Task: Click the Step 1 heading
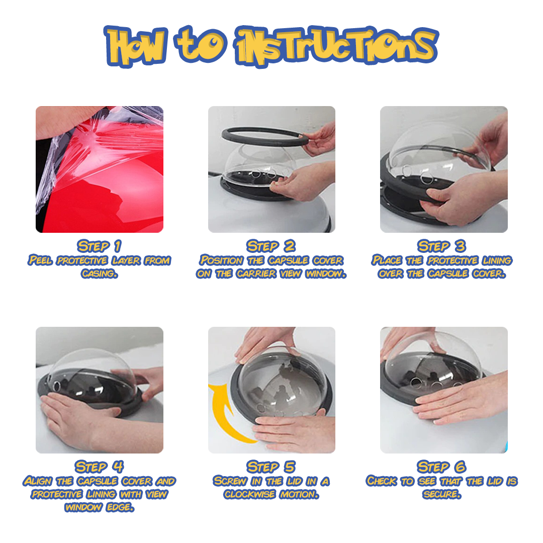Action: coord(99,246)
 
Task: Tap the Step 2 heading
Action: coord(271,246)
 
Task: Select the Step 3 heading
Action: coord(442,246)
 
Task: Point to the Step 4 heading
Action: coord(99,466)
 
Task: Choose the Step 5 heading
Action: coord(271,466)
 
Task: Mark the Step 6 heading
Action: coord(442,466)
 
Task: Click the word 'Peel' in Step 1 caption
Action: coord(40,260)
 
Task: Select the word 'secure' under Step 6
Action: coord(441,494)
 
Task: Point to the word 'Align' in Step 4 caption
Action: coord(38,481)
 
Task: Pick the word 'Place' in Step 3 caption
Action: coord(388,260)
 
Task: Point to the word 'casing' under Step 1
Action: coord(99,274)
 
